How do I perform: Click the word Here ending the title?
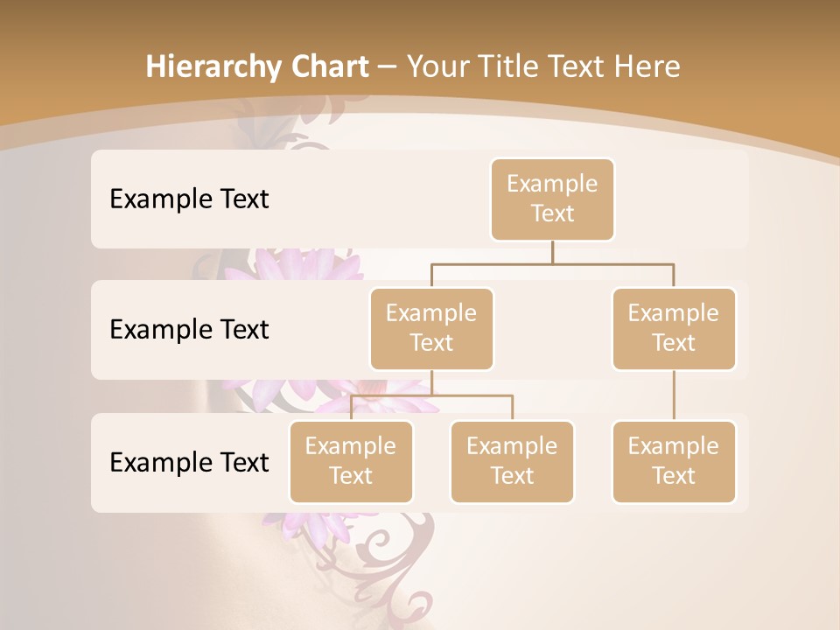[644, 66]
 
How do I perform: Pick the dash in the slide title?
[388, 67]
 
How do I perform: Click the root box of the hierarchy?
[552, 199]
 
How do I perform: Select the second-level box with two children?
[431, 328]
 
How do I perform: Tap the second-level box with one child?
[674, 328]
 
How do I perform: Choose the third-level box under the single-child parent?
[674, 461]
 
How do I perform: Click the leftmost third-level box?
[351, 461]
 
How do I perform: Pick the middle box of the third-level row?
[512, 461]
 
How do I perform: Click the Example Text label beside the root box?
[189, 199]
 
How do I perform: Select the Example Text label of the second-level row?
[189, 330]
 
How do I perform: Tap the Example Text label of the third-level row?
[189, 462]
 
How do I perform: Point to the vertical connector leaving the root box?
[552, 252]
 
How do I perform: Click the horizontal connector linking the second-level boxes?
[552, 263]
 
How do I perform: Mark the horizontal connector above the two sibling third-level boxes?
[431, 395]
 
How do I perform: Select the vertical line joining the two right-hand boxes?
[674, 395]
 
